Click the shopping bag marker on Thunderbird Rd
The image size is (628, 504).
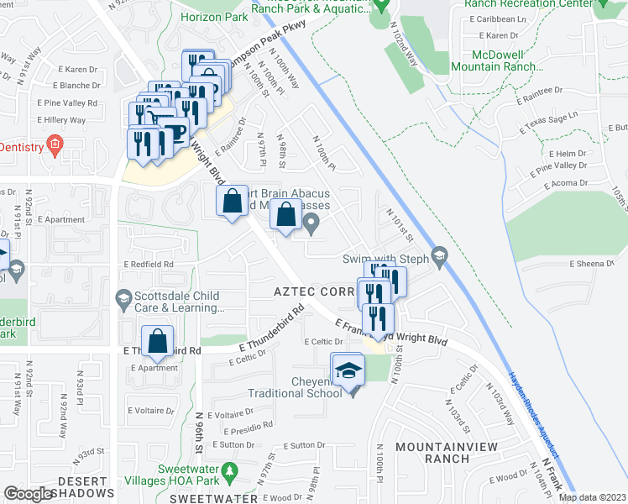click(x=158, y=342)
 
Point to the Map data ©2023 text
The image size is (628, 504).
click(x=591, y=497)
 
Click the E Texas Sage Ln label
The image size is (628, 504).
click(x=552, y=124)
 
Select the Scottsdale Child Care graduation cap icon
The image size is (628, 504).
click(x=123, y=298)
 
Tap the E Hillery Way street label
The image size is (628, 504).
click(x=61, y=120)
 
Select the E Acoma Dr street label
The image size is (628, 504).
click(x=580, y=182)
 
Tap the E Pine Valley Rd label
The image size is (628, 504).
click(x=67, y=103)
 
